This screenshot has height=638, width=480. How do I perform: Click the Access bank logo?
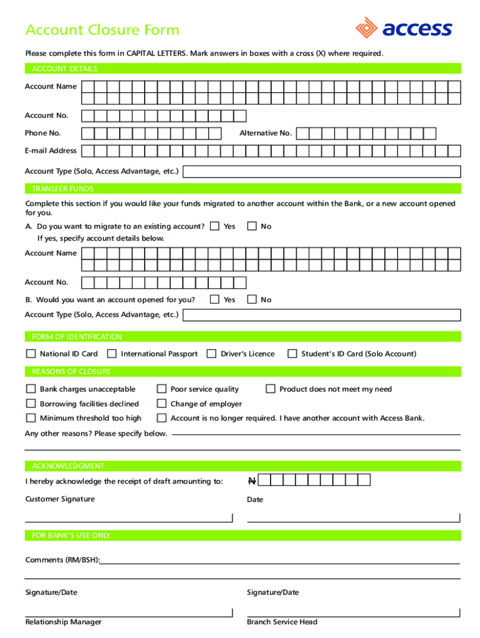tap(403, 28)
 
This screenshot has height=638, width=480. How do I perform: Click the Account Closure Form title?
tap(102, 30)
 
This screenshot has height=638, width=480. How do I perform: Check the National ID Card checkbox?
tap(31, 354)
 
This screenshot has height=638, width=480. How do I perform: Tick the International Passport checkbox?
tap(112, 354)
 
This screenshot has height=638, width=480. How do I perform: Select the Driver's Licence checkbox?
tap(211, 354)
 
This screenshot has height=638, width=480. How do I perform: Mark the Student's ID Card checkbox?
tap(292, 354)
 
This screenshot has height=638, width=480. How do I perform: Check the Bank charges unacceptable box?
tap(31, 389)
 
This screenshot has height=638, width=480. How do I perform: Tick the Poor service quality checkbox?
tap(161, 389)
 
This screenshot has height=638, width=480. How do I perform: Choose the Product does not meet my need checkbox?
tap(270, 389)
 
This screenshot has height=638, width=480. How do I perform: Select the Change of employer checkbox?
tap(161, 404)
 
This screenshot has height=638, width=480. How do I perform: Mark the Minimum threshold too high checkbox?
tap(31, 418)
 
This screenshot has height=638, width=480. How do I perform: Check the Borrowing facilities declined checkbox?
tap(31, 404)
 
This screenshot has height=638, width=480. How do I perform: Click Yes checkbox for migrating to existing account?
tap(214, 226)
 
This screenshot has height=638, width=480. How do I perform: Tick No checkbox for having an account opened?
tap(252, 300)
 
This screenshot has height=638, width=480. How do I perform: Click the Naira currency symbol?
tap(251, 480)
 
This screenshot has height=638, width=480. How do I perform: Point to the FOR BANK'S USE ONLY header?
tap(71, 535)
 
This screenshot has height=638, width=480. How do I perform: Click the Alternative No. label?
tap(266, 133)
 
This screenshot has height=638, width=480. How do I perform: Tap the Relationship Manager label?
tap(63, 622)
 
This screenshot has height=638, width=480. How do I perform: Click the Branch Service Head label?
tap(282, 622)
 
